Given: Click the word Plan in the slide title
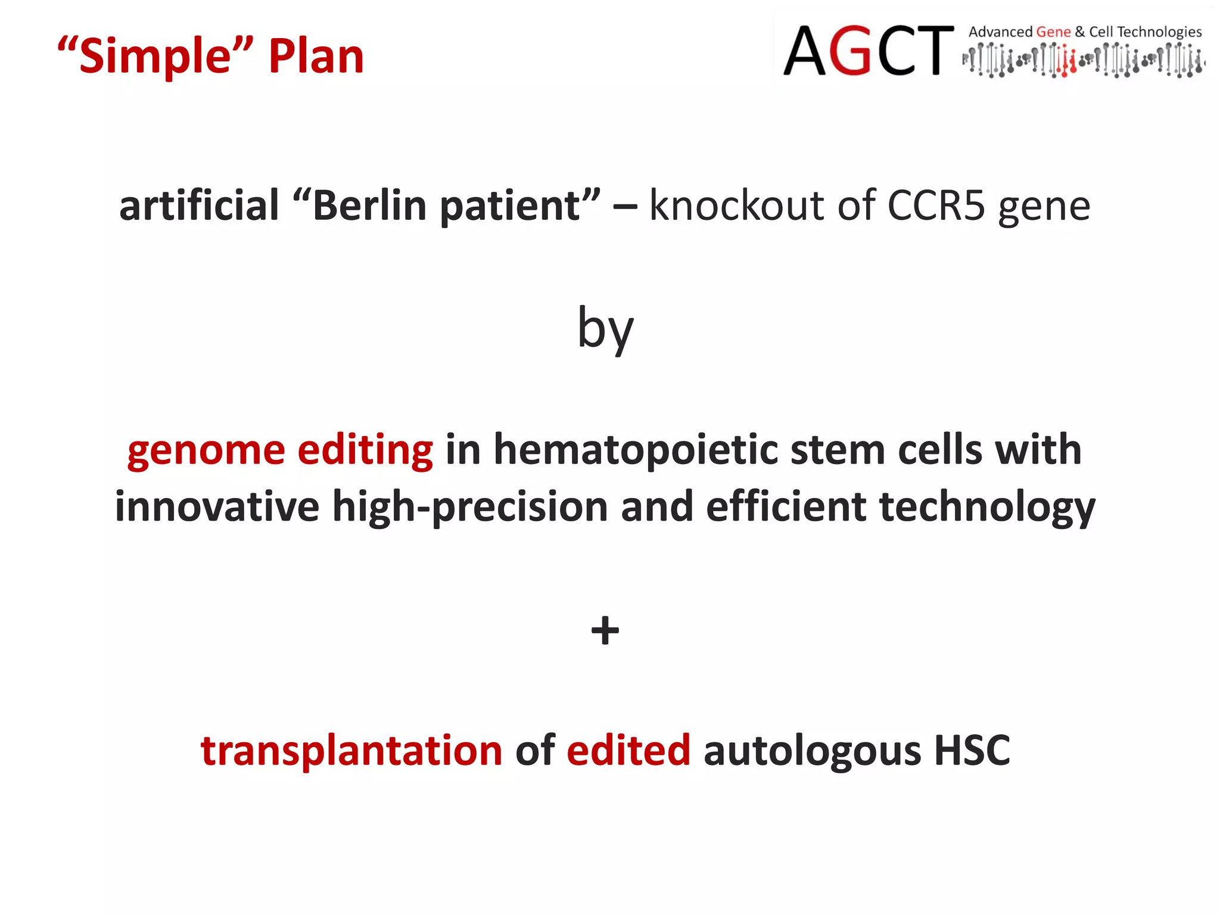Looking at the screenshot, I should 316,57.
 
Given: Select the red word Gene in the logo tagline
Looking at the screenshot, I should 1053,32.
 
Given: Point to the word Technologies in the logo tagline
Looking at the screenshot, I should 1159,32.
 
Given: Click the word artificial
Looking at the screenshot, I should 199,206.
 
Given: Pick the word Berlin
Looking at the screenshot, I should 370,206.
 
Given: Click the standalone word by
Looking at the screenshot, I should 605,329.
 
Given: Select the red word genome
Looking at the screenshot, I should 206,451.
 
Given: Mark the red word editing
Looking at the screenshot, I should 365,451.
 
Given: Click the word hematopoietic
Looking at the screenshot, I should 636,451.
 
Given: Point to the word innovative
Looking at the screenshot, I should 217,507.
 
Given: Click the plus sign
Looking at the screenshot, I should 605,630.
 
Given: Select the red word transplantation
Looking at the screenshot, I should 351,751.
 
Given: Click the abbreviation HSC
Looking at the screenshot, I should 972,751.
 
